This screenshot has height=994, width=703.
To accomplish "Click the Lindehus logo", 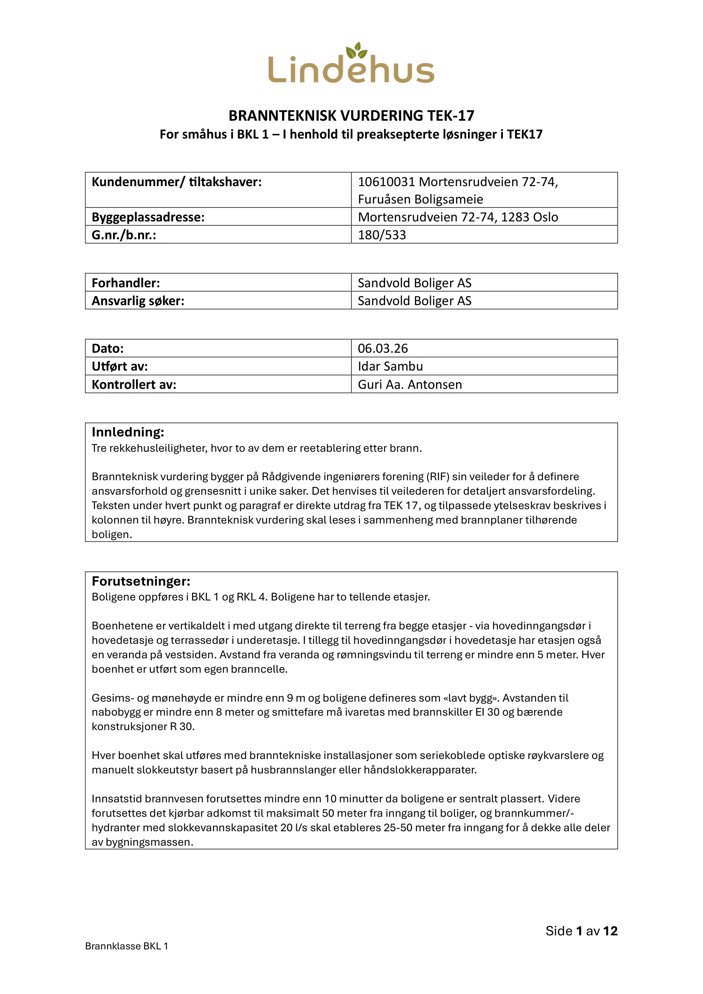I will (x=351, y=68).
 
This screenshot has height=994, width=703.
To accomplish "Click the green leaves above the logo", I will (x=357, y=50).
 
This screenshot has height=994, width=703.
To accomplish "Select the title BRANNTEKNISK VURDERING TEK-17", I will (x=351, y=116).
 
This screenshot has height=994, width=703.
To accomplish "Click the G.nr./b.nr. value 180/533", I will (x=382, y=235).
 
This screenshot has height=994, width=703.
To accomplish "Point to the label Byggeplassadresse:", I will (x=148, y=217).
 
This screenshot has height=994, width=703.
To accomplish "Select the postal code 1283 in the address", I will (x=513, y=217).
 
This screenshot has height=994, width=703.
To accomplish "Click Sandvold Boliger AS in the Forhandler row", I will (x=414, y=283).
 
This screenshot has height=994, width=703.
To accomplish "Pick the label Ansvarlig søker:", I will (x=138, y=301).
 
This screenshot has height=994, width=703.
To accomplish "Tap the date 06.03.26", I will (x=383, y=348).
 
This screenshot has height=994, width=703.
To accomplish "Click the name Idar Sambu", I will (x=390, y=367).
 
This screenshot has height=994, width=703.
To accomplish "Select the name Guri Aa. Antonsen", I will (x=409, y=385).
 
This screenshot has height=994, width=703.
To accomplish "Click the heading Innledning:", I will (x=128, y=432).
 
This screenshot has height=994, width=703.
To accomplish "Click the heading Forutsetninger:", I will (x=141, y=581).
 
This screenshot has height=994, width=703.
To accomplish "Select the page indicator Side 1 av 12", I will (x=581, y=931).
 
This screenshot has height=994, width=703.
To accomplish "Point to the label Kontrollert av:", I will (x=134, y=385).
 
